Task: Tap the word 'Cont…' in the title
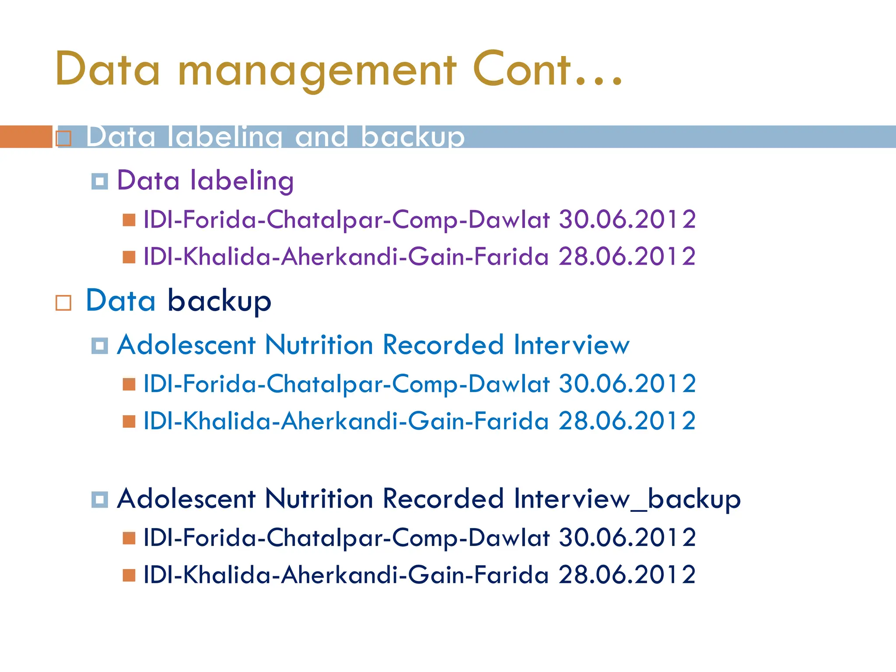(547, 70)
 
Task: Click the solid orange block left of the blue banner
(25, 136)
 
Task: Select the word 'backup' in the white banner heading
(412, 136)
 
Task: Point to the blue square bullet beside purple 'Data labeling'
(100, 181)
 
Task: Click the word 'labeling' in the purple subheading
(241, 181)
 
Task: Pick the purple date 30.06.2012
(627, 219)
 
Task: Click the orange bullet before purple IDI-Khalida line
(129, 257)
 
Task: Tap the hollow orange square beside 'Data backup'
(63, 302)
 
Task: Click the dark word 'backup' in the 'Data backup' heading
(220, 301)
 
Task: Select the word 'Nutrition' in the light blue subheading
(318, 345)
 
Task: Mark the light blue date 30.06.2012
(627, 384)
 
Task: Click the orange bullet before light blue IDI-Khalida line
(129, 421)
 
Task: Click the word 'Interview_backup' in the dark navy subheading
(627, 499)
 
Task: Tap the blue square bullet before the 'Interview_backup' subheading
(100, 499)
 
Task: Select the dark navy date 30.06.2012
(627, 537)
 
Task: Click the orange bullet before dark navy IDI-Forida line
(129, 538)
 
